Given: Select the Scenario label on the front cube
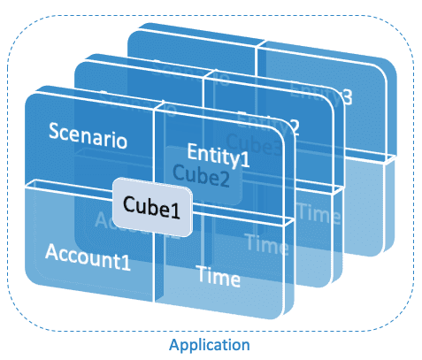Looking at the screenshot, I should [x=87, y=140].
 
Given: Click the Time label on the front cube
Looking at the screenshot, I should [x=218, y=278].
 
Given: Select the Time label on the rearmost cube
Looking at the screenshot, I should [x=317, y=211].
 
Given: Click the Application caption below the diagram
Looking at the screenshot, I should [x=211, y=343].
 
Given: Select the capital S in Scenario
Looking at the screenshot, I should [x=54, y=140].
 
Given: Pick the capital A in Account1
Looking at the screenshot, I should [x=51, y=251].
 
